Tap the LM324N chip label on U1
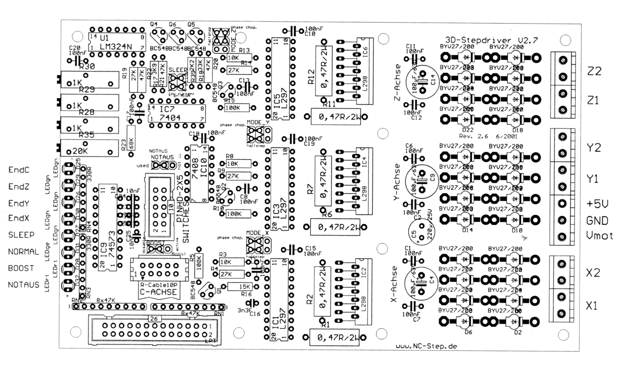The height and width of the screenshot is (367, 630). click(115, 47)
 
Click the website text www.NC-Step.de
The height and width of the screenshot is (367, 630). click(426, 346)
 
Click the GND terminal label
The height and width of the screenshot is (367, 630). click(597, 221)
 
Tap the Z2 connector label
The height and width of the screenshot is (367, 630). click(594, 71)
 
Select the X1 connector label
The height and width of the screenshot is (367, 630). click(592, 306)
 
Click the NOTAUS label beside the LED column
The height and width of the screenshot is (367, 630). click(24, 285)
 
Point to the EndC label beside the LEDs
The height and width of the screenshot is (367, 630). click(19, 170)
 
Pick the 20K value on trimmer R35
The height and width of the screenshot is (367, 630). click(80, 151)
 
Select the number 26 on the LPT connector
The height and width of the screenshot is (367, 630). click(154, 319)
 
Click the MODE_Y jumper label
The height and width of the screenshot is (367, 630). click(258, 122)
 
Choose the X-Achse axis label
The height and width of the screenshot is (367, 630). click(394, 284)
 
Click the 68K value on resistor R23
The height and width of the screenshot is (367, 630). click(131, 143)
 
